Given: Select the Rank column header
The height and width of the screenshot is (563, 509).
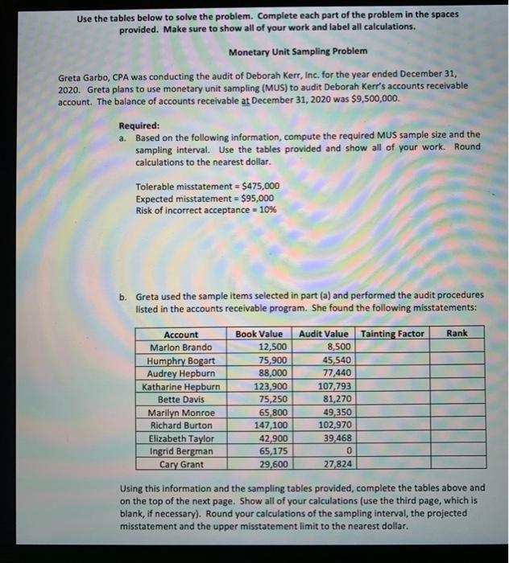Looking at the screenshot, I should click(456, 333).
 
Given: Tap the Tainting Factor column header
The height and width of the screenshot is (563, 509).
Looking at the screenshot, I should click(392, 334).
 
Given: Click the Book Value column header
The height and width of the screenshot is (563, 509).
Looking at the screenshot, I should click(259, 334).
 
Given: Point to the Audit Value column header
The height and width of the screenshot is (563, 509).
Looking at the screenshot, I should click(324, 334).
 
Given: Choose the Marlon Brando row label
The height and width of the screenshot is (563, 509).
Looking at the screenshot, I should click(181, 347).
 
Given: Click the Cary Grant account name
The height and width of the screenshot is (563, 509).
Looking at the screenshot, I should click(181, 465).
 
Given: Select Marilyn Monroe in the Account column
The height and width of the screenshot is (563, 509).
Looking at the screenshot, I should click(181, 413).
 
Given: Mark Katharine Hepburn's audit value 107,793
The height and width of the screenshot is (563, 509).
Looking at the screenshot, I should click(331, 387).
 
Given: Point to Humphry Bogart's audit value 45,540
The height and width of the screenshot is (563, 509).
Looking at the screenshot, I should click(333, 360).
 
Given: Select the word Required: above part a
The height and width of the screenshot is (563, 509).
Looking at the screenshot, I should click(139, 125).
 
